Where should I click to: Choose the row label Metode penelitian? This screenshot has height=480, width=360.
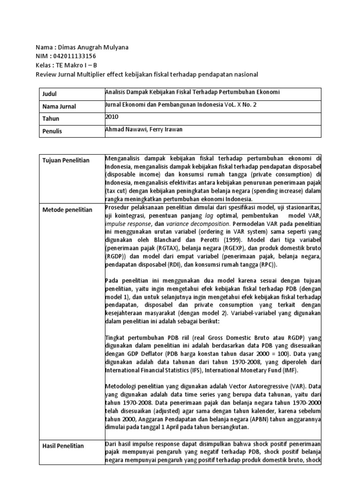pos(66,210)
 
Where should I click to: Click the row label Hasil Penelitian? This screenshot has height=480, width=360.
pos(62,446)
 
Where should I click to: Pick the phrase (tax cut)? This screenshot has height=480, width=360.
pos(118,191)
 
